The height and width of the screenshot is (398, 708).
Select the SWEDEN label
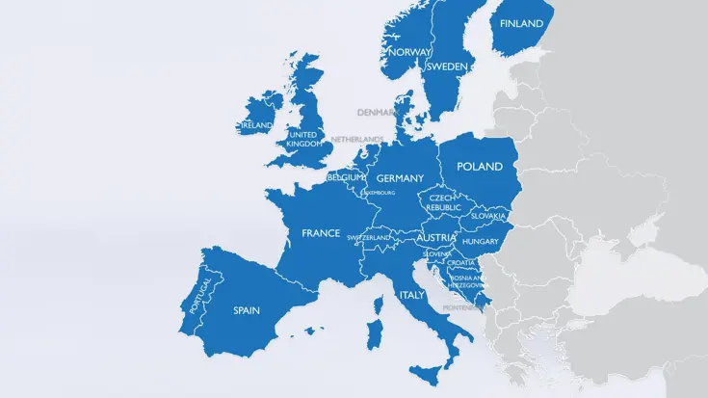pyautogui.click(x=447, y=66)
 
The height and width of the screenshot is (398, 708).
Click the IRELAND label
pyautogui.click(x=257, y=125)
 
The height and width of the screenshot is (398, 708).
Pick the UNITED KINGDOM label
pyautogui.click(x=302, y=140)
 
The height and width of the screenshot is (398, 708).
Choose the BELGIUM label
pyautogui.click(x=346, y=177)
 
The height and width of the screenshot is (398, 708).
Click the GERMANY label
pyautogui.click(x=400, y=178)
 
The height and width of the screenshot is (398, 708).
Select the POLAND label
pyautogui.click(x=480, y=167)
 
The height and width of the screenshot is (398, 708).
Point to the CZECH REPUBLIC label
pyautogui.click(x=444, y=202)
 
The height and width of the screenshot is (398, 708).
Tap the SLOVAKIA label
pyautogui.click(x=488, y=216)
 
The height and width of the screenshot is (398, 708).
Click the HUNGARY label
pyautogui.click(x=480, y=242)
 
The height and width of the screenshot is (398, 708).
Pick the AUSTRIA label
pyautogui.click(x=436, y=238)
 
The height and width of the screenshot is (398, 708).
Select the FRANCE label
pyautogui.click(x=321, y=233)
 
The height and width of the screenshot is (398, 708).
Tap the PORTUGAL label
pyautogui.click(x=202, y=294)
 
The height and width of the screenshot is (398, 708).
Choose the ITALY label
pyautogui.click(x=412, y=296)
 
